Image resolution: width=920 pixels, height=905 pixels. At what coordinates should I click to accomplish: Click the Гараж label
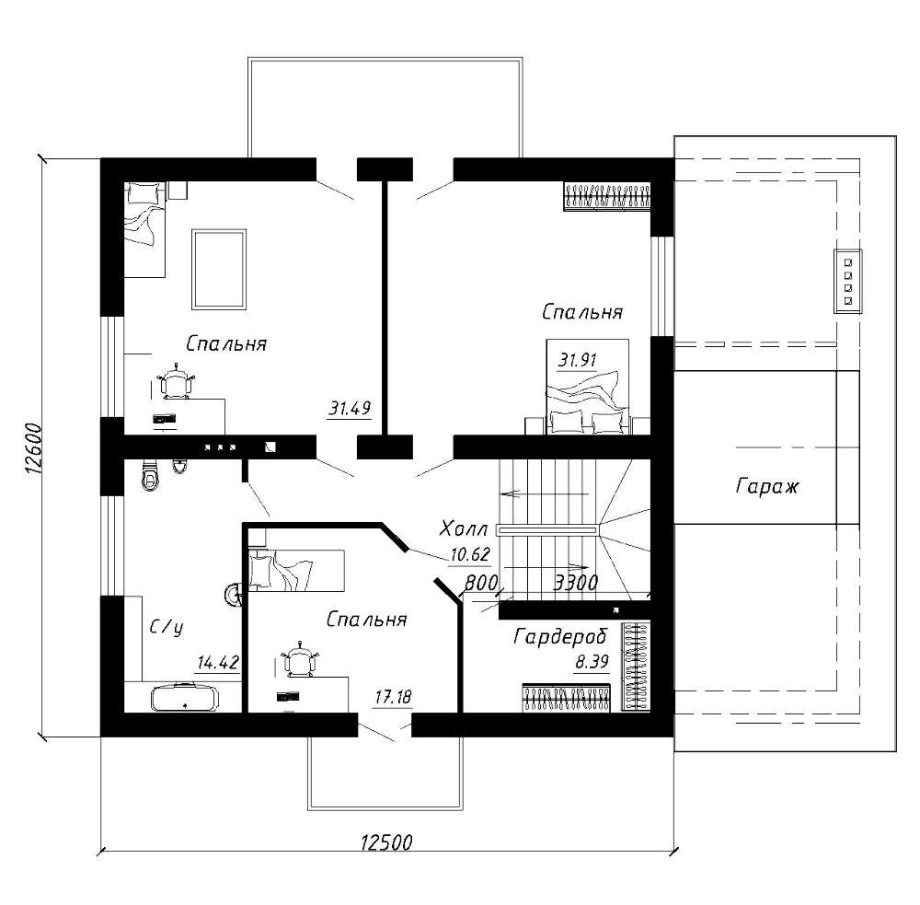[x=767, y=487]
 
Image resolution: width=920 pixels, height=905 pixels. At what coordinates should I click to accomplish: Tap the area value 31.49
[x=350, y=408]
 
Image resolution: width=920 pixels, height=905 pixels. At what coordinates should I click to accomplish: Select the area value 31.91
[x=578, y=359]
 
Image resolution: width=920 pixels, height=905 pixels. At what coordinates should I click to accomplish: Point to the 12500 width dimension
[x=386, y=842]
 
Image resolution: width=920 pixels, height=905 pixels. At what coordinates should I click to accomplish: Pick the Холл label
[x=464, y=529]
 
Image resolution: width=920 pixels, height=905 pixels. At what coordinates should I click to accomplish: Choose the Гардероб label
[x=560, y=636]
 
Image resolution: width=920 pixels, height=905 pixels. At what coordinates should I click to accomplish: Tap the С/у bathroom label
[x=167, y=628]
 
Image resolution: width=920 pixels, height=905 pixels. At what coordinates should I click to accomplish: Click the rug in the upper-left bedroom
[x=218, y=270]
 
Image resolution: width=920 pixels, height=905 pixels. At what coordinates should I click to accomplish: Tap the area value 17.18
[x=394, y=697]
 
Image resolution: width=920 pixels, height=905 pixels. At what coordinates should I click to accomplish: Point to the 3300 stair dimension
[x=576, y=583]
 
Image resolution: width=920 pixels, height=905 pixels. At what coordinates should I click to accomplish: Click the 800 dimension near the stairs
[x=481, y=583]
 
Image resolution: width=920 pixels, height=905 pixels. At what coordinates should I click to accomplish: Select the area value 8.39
[x=592, y=663]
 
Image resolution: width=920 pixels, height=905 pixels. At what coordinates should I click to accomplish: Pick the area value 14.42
[x=218, y=663]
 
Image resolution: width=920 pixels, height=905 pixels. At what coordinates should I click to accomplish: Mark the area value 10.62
[x=469, y=554]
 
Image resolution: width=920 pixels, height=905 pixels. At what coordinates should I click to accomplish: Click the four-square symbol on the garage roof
[x=848, y=282]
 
